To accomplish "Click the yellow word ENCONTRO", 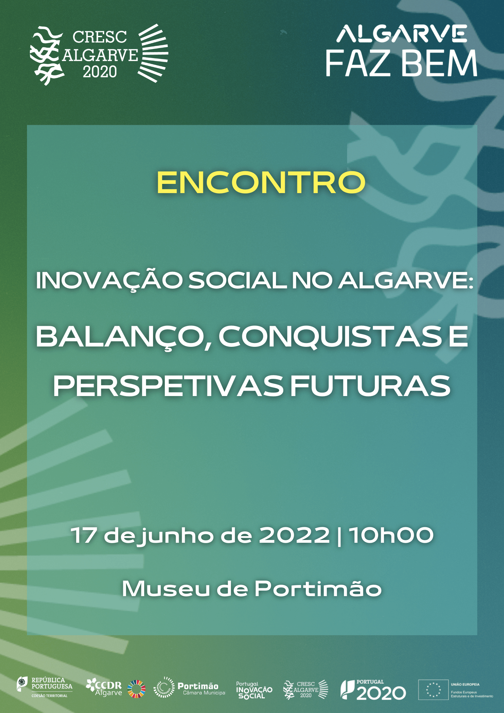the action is click(x=261, y=182).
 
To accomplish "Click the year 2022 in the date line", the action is click(x=294, y=535).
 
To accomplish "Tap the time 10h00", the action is click(x=391, y=535).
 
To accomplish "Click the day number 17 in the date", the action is click(x=84, y=535).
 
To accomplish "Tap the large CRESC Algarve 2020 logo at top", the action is click(x=99, y=55).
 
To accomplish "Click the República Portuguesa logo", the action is click(x=44, y=687).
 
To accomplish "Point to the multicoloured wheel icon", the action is click(x=137, y=689).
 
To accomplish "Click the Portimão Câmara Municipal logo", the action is click(x=189, y=687).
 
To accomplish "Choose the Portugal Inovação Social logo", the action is click(x=254, y=690).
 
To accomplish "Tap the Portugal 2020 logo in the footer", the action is click(x=373, y=689).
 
